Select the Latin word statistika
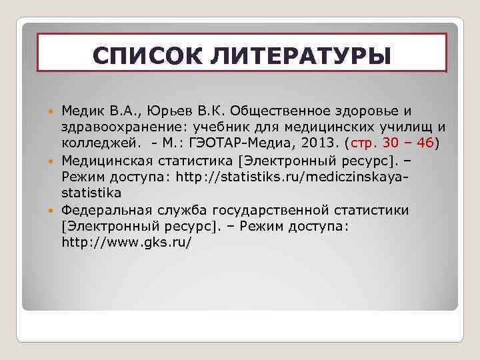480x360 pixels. pyautogui.click(x=91, y=193)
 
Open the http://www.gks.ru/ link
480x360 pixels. pyautogui.click(x=127, y=243)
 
